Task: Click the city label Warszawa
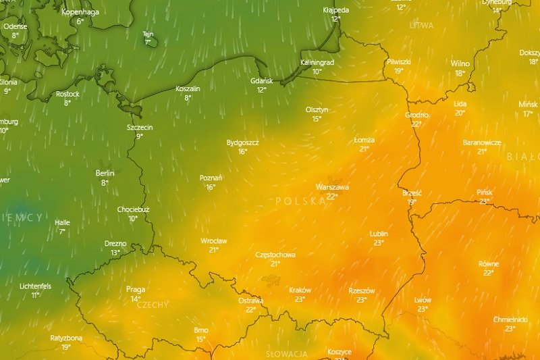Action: [x=332, y=187]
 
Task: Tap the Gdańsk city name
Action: [x=261, y=80]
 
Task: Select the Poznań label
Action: [x=211, y=178]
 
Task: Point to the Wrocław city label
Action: [x=214, y=241]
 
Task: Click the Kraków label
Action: [x=300, y=290]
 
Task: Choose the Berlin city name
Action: [x=105, y=174]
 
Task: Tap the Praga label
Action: [x=136, y=290]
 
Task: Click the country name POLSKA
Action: [x=301, y=201]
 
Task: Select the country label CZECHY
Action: [x=153, y=305]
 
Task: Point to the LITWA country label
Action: [x=421, y=25]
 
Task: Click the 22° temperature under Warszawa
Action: [x=331, y=197]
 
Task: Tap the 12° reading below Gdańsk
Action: [x=261, y=90]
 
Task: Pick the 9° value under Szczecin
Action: [x=140, y=136]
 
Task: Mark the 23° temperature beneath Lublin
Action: [x=379, y=243]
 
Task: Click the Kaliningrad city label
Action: [x=317, y=62]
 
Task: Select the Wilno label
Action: [x=460, y=63]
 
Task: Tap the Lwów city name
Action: [x=423, y=300]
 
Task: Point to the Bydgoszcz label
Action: [x=243, y=143]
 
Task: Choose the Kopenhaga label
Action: [x=80, y=12]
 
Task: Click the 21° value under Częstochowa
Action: [x=275, y=264]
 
